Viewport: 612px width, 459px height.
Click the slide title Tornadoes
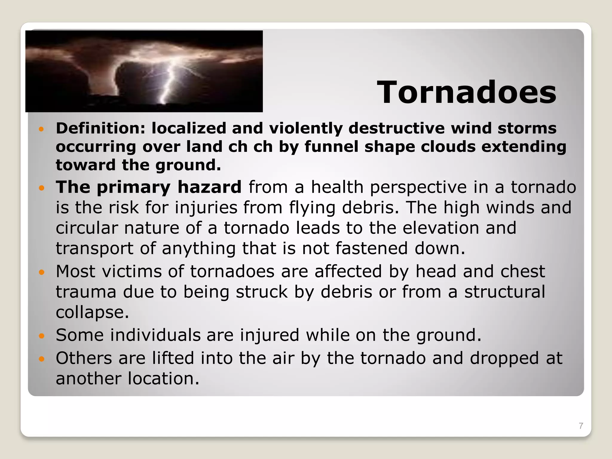(x=466, y=92)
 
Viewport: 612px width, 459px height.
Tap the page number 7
(x=581, y=426)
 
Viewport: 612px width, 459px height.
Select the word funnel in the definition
(x=331, y=147)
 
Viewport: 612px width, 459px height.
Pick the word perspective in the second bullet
(x=418, y=188)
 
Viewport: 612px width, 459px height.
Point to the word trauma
(x=86, y=292)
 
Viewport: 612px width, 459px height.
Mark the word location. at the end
(x=163, y=378)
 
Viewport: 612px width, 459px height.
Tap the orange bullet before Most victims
(x=42, y=272)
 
